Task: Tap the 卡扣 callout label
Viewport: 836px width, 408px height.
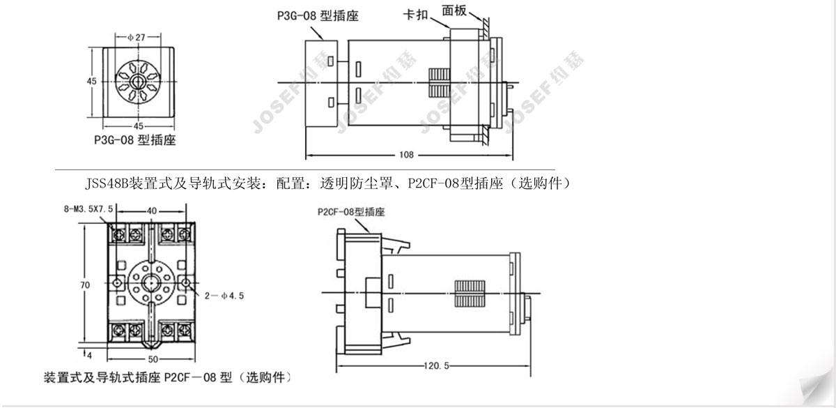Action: tap(416, 15)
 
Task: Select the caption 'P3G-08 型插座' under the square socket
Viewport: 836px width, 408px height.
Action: tap(134, 140)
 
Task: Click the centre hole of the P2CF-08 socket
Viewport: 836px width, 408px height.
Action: tap(151, 282)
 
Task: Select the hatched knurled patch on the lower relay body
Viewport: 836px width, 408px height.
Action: tap(469, 292)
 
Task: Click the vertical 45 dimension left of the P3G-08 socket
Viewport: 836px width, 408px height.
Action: tap(91, 82)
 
